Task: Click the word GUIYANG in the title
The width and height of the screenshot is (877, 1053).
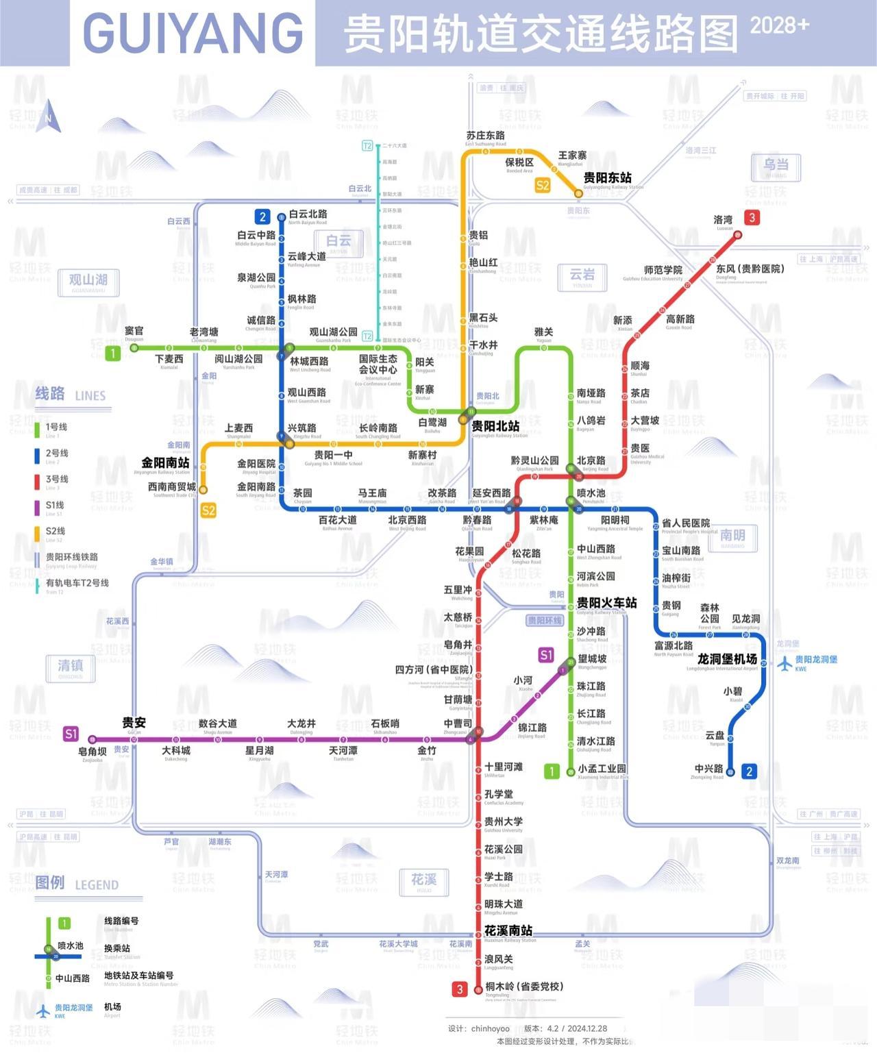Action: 193,32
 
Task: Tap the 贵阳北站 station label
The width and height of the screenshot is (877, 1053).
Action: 495,426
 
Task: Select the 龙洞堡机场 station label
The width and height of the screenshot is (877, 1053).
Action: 727,658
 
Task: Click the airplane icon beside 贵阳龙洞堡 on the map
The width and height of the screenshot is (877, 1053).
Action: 785,663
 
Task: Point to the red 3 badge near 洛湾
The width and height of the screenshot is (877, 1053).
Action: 752,218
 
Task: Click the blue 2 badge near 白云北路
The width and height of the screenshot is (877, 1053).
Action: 262,217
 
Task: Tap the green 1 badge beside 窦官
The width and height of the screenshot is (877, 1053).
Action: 113,353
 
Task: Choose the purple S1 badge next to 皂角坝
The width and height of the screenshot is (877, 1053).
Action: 71,734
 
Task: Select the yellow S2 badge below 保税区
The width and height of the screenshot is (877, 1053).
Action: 543,185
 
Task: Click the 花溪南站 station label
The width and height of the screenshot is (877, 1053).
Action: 508,930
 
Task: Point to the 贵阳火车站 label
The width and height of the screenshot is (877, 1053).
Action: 606,603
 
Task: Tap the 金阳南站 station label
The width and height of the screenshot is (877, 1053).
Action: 165,462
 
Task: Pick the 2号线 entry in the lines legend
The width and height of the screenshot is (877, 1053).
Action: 57,453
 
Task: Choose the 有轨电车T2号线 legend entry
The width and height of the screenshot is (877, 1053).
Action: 77,583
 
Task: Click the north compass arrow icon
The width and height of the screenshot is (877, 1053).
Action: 49,116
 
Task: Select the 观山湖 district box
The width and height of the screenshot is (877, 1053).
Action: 88,280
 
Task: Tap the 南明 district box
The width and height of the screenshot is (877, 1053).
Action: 732,536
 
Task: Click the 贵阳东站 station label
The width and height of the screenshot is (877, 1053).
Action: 607,177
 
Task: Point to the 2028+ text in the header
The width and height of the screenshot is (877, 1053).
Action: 779,25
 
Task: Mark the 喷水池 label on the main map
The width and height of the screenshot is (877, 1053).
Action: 591,493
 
